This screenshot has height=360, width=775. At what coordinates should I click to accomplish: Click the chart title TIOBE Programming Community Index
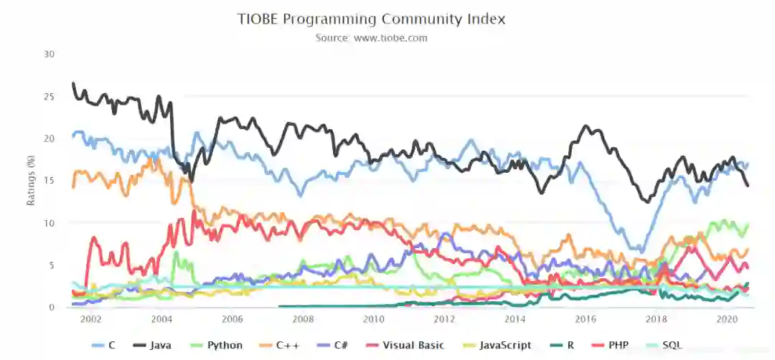(x=371, y=19)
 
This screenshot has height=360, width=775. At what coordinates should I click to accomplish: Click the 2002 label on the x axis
(x=91, y=319)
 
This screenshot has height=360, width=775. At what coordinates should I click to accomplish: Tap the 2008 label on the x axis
(x=303, y=319)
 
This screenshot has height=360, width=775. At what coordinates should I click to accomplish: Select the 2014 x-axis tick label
(x=515, y=319)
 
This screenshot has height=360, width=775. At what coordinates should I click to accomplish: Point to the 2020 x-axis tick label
(x=728, y=319)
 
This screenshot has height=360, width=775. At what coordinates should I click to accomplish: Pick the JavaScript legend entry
(x=497, y=346)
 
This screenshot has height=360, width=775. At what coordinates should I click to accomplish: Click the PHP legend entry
(x=610, y=346)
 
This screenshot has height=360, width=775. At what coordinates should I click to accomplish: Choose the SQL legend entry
(x=665, y=346)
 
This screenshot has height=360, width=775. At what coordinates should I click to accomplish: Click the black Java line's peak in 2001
(x=73, y=84)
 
